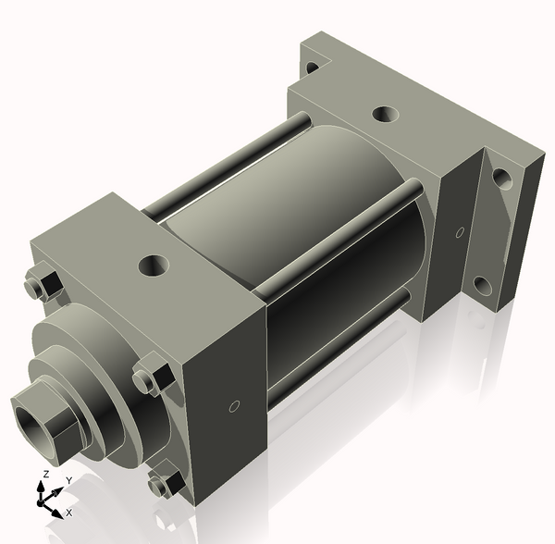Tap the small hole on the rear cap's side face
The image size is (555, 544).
(460, 231)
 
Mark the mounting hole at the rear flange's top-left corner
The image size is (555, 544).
(313, 68)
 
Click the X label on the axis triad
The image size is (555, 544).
(69, 512)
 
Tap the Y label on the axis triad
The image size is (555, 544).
(68, 480)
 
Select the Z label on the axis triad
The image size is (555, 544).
(44, 475)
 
